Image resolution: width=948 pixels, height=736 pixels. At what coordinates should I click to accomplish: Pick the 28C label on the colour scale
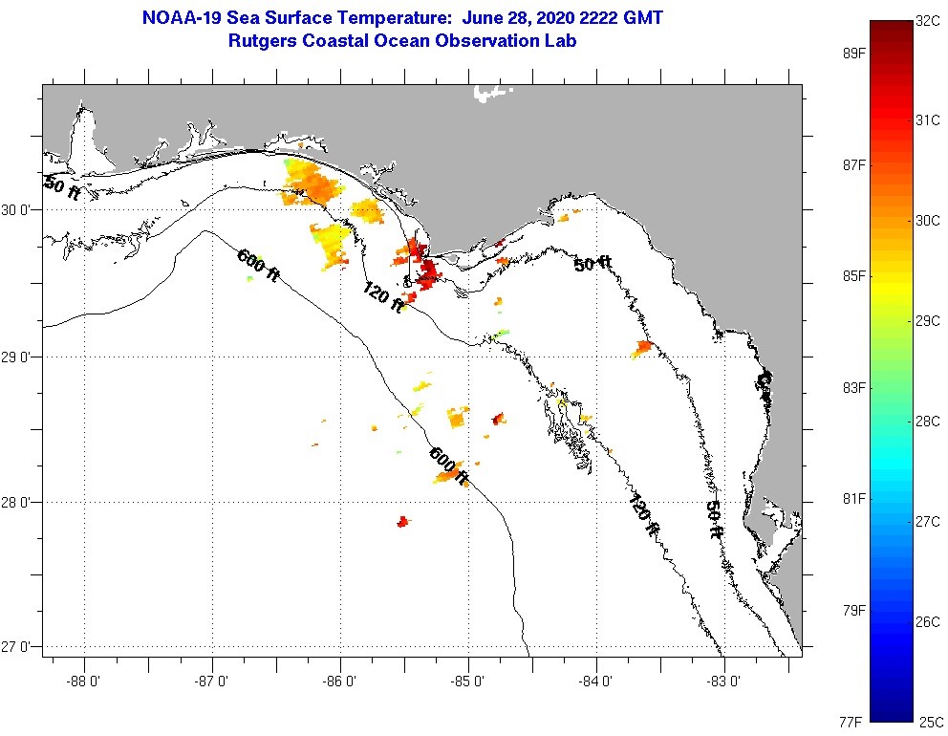[930, 420]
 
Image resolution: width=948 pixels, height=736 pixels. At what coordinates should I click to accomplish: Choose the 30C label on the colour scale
[930, 220]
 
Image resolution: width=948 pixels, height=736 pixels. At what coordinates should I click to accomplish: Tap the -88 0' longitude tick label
[84, 682]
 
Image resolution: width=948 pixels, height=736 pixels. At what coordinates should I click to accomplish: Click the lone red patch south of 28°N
[403, 521]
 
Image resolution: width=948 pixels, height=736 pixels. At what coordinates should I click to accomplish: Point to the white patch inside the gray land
[491, 93]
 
